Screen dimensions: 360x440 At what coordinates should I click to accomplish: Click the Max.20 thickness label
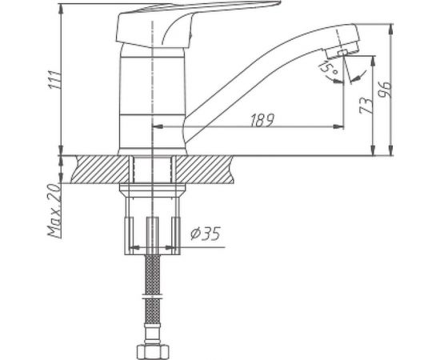click(x=54, y=211)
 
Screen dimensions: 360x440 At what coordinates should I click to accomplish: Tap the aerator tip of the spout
click(x=343, y=51)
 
